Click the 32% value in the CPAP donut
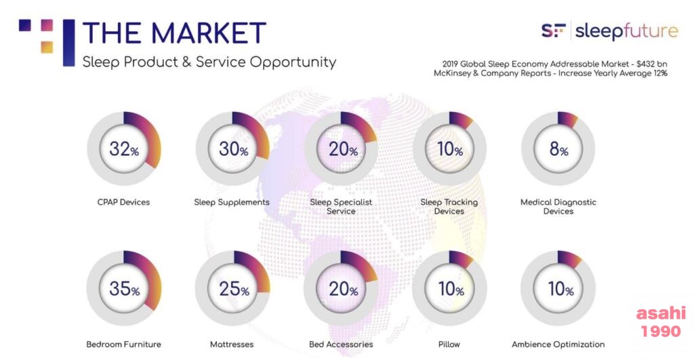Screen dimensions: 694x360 tap(124, 148)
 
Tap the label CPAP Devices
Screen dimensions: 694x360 tap(123, 202)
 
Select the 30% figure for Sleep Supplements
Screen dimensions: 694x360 tap(233, 148)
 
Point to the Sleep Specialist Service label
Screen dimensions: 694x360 tap(341, 207)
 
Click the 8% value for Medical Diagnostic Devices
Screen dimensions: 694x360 tap(558, 148)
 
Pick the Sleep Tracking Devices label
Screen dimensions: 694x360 tap(449, 207)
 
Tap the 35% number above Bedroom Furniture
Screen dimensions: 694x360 tap(125, 289)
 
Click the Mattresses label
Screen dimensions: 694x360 tap(232, 344)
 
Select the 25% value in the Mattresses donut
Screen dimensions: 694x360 tap(234, 289)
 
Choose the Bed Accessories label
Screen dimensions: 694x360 tap(341, 344)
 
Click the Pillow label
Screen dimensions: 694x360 tap(449, 344)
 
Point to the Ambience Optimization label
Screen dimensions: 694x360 tap(558, 344)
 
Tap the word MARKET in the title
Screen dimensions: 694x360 tap(208, 33)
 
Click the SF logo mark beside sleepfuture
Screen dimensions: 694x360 tap(553, 31)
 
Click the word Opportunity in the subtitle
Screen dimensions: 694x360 tap(293, 62)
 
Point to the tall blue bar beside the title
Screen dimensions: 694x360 tap(69, 43)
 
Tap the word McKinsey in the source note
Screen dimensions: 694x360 tap(452, 73)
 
